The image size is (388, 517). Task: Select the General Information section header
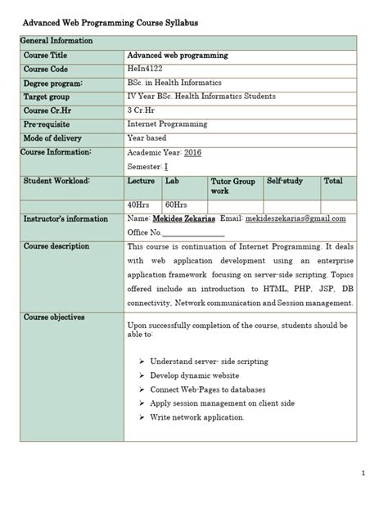[x=56, y=40]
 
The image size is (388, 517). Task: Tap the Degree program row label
[x=53, y=83]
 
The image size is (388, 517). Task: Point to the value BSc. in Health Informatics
[x=176, y=83]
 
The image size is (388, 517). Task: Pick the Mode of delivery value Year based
[x=147, y=138]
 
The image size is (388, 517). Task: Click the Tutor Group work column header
[x=232, y=186]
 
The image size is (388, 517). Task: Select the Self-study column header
[x=284, y=181]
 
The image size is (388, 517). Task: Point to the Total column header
[x=333, y=181]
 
